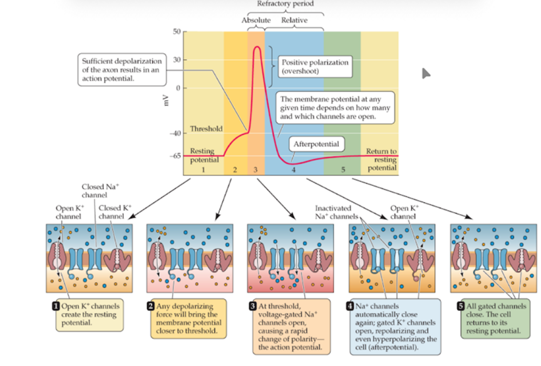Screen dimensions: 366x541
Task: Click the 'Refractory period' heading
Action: pos(285,4)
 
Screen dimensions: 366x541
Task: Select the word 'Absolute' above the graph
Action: pos(256,20)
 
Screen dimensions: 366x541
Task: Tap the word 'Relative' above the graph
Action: pos(294,20)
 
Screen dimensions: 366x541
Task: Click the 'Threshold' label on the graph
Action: pos(206,129)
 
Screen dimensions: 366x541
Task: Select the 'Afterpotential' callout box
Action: pos(316,144)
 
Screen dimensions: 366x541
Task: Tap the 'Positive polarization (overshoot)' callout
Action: pos(314,67)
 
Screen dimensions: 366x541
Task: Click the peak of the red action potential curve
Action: pos(257,48)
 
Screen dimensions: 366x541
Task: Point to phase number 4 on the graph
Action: pos(292,170)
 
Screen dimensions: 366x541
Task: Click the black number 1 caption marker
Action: pos(56,305)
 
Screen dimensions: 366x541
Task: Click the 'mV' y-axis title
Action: pos(165,99)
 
